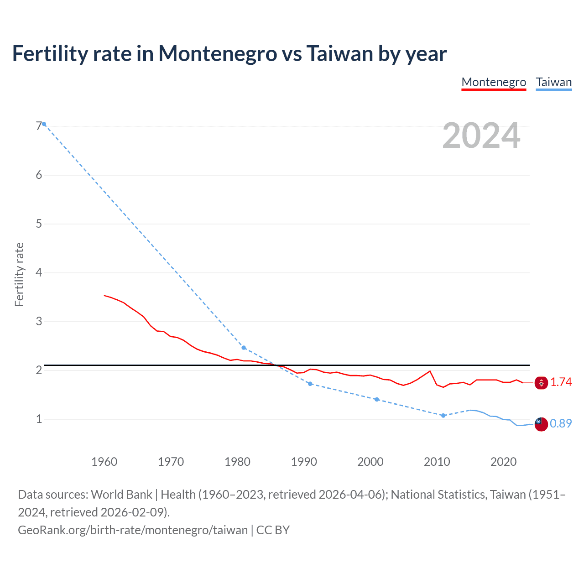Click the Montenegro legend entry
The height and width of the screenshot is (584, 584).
494,82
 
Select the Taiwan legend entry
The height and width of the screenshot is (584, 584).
553,82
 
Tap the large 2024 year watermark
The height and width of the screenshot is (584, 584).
481,136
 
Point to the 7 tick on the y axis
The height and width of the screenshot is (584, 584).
39,126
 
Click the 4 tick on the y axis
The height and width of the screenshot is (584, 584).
39,272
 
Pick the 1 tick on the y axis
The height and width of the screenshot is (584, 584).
39,419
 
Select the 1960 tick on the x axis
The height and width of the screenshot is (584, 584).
104,462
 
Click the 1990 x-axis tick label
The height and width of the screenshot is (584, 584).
304,462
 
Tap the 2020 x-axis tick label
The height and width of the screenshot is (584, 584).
503,462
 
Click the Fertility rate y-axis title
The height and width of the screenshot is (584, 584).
19,275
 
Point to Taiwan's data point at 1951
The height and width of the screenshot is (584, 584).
44,124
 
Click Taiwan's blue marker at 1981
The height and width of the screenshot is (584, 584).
244,348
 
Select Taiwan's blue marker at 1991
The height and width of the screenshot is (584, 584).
310,384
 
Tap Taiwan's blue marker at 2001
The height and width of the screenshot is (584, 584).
377,399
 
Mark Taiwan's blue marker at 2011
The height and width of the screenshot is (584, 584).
443,416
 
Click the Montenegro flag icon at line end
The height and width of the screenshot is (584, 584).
541,383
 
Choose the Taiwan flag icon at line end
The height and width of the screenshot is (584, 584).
541,424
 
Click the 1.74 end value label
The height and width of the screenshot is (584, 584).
561,382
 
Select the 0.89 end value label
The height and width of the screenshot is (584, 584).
561,424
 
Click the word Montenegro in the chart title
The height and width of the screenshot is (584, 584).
217,53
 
